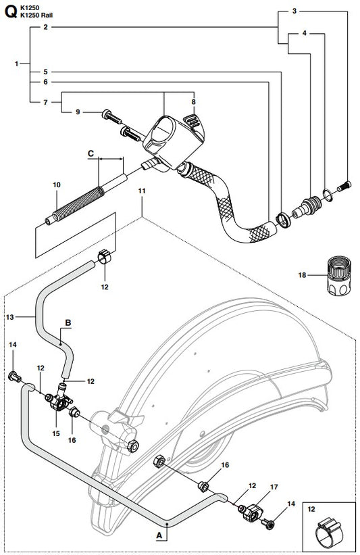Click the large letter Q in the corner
click(x=11, y=11)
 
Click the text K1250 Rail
click(x=36, y=16)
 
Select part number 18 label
click(x=302, y=275)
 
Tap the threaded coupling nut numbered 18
click(x=339, y=275)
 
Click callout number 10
click(x=57, y=185)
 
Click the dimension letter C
click(x=91, y=153)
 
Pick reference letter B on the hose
click(x=68, y=322)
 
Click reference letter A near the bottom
click(x=159, y=535)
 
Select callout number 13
click(x=10, y=317)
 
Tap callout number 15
click(x=56, y=433)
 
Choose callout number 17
click(x=274, y=487)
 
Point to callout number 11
click(x=142, y=191)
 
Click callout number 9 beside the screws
click(x=78, y=112)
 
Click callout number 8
click(x=193, y=102)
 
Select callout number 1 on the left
click(x=16, y=64)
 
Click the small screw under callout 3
click(x=344, y=186)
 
